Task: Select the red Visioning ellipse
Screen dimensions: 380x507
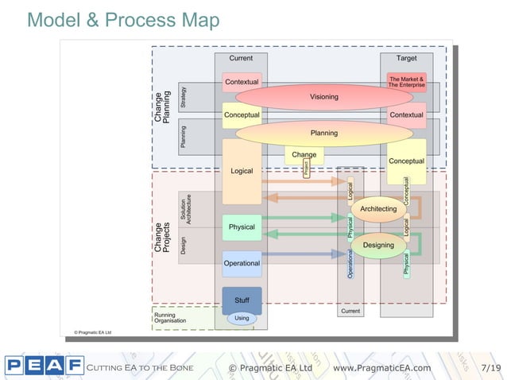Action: pos(323,97)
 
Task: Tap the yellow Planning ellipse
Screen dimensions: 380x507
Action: pos(323,133)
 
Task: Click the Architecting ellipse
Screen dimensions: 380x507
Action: pos(378,209)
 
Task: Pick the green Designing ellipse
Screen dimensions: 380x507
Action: pos(378,245)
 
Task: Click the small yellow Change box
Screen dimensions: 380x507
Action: pos(304,154)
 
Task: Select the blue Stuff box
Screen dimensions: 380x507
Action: pos(242,300)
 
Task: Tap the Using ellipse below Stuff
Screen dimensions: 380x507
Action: pos(242,318)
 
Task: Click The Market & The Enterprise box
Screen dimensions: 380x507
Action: pos(406,82)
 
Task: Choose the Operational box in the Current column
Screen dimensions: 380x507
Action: pos(242,263)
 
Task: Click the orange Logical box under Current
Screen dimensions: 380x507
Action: pos(242,171)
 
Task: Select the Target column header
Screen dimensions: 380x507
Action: pos(406,58)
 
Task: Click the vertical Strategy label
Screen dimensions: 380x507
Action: pos(184,97)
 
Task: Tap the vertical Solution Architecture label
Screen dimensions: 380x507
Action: pos(186,208)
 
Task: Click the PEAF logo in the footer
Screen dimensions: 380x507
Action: pos(44,366)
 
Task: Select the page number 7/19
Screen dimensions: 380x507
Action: pos(491,368)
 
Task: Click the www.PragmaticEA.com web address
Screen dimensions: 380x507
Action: pos(381,368)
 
